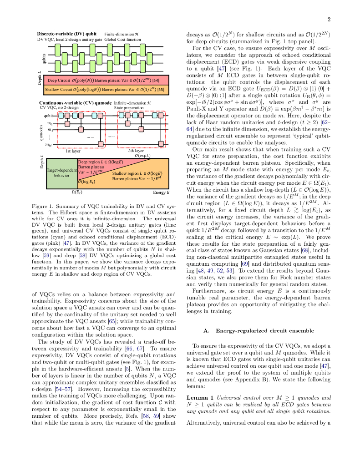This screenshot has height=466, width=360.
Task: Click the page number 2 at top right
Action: (x=328, y=20)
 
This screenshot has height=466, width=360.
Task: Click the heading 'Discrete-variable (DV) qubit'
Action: (x=66, y=34)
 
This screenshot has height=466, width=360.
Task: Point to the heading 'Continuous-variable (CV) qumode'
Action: (x=76, y=103)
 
